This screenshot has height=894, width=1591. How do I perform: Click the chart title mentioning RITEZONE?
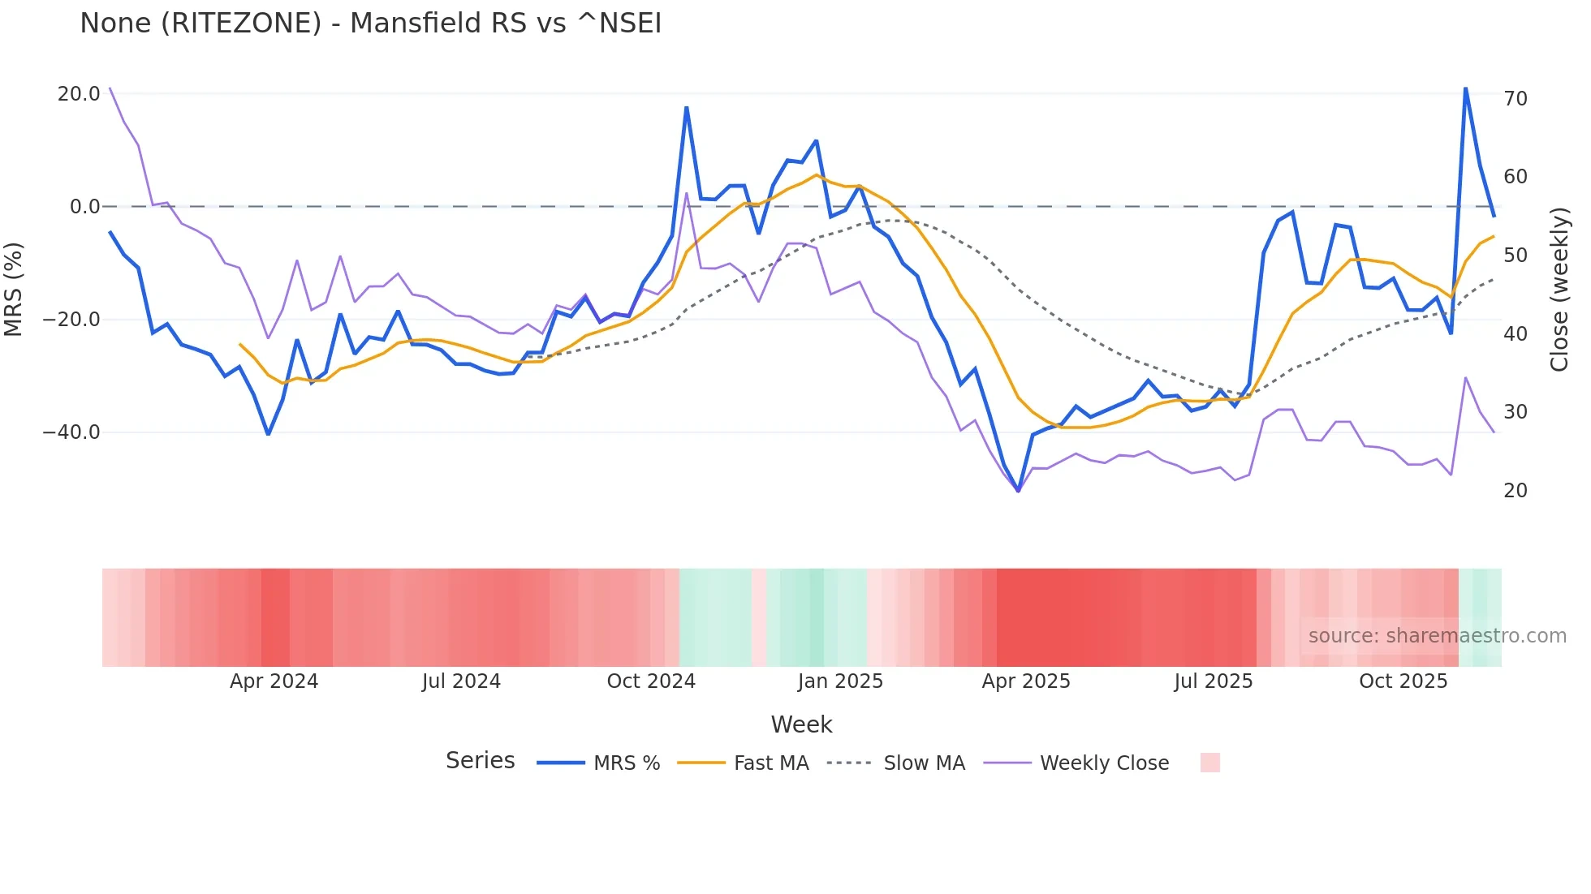coord(370,23)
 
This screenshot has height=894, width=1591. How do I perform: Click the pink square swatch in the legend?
coord(1209,763)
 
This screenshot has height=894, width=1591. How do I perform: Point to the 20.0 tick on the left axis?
coord(79,94)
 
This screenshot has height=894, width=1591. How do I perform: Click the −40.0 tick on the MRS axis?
coord(71,432)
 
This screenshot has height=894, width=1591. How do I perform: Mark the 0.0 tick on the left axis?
coord(84,207)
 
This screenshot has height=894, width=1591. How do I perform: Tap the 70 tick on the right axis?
coord(1516,99)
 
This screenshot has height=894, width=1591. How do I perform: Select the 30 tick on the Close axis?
coord(1516,412)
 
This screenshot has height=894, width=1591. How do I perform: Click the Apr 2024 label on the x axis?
coord(274,681)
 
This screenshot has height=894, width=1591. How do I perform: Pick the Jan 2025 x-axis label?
coord(839,681)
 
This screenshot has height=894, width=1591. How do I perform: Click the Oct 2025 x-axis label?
coord(1403,681)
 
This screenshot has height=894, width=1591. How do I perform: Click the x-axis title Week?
coord(801,724)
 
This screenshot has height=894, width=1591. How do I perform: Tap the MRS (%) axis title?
coord(14,289)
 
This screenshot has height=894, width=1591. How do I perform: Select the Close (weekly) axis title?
coord(1559,290)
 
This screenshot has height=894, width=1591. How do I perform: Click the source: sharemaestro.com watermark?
coord(1437,636)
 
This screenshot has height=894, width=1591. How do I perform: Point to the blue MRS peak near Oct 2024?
coord(687,108)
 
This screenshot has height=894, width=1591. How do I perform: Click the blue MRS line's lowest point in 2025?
coord(1018,491)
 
